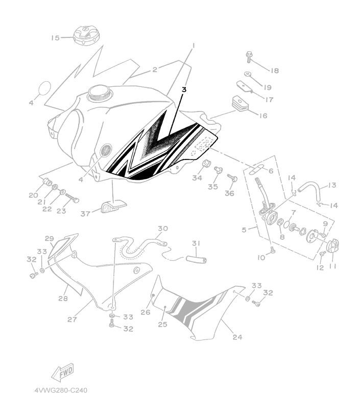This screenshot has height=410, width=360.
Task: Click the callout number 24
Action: point(237,337)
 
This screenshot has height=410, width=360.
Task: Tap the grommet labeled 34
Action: point(207,164)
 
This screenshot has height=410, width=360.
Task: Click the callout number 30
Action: point(163,228)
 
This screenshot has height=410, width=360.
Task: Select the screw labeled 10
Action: point(273,249)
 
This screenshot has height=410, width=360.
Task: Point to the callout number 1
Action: point(194,45)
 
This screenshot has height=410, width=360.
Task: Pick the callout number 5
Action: point(245,230)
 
